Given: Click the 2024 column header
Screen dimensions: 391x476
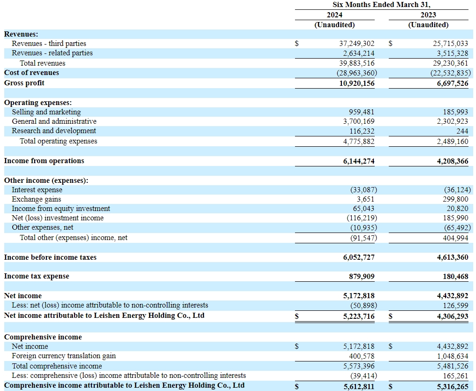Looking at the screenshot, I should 334,15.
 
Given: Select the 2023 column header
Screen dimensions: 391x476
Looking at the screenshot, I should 428,15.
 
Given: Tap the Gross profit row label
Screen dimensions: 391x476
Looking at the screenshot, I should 24,83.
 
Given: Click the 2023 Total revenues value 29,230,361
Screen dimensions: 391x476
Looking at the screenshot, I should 449,63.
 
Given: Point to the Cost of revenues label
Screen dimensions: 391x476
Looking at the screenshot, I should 31,73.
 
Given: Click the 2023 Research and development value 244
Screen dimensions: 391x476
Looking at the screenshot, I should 462,131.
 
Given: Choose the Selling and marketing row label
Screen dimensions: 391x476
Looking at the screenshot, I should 46,112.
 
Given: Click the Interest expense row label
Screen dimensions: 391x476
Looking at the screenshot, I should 37,190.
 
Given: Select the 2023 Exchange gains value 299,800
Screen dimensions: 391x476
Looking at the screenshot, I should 455,199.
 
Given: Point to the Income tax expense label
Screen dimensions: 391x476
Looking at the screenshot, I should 37,276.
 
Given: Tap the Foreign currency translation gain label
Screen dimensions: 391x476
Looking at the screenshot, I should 64,356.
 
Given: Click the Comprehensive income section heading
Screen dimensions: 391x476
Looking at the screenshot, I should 43,337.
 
